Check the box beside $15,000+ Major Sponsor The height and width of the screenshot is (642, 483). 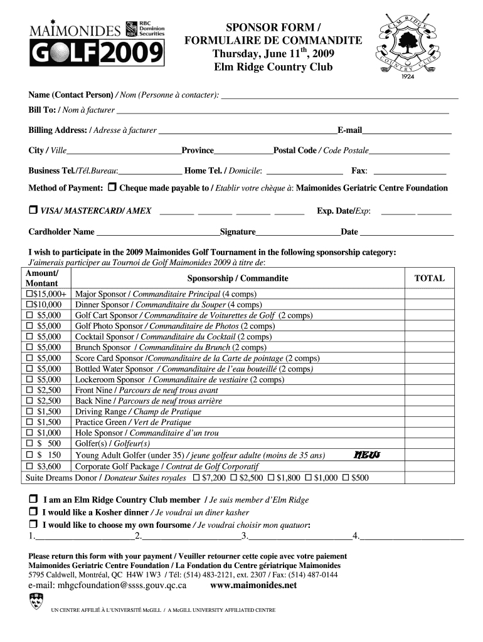click(29, 294)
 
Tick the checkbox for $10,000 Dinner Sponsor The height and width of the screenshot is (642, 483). click(29, 305)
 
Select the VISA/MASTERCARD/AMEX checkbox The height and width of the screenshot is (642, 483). click(33, 211)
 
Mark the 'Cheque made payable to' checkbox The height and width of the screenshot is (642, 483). click(112, 187)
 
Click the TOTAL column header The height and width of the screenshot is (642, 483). click(430, 278)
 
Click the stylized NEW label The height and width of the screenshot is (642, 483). click(367, 455)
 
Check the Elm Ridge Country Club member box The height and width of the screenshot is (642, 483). click(33, 500)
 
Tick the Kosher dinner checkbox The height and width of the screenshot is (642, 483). click(33, 512)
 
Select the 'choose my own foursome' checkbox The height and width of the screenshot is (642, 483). click(33, 525)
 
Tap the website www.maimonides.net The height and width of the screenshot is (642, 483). click(253, 586)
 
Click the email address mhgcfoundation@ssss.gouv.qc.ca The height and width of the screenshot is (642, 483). click(107, 586)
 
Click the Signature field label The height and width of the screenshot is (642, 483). click(237, 232)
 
